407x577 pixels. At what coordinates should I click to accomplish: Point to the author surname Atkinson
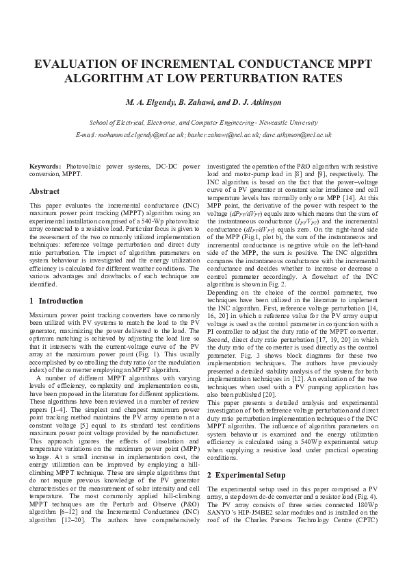(261, 103)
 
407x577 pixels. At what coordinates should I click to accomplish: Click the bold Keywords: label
(47, 167)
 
